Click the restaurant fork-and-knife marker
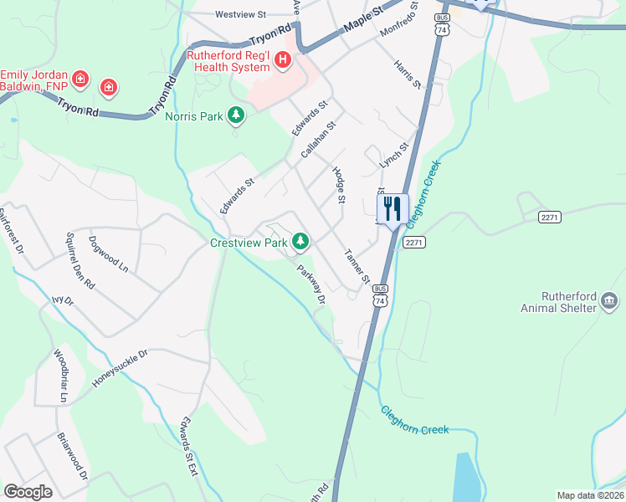coord(392,208)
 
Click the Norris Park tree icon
coord(237,115)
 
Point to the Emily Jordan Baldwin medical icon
coord(80,79)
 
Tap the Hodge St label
coord(339,185)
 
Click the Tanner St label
coord(357,266)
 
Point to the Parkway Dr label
coord(310,284)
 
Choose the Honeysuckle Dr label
coord(120,368)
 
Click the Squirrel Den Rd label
coord(82,261)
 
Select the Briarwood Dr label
coord(73,457)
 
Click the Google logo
coord(28,492)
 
